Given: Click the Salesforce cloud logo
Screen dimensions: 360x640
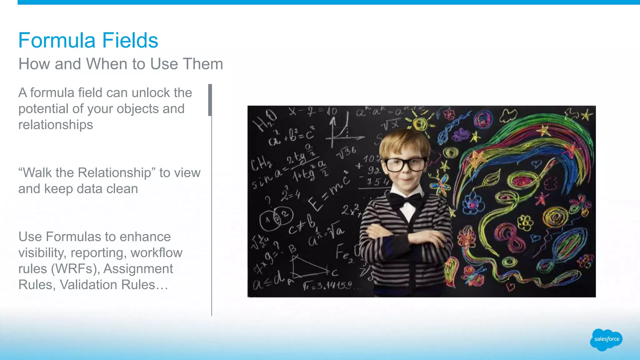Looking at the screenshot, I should (x=606, y=339).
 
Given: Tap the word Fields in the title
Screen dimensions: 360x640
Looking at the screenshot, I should (x=130, y=40).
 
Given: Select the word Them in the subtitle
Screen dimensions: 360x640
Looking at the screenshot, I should (x=203, y=64).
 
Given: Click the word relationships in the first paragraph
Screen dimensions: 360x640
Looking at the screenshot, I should (x=56, y=125).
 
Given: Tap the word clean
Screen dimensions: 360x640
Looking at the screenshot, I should (x=123, y=189).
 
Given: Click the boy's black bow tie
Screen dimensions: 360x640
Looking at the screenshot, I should (x=405, y=201).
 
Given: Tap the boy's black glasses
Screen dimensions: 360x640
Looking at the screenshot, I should (x=405, y=164).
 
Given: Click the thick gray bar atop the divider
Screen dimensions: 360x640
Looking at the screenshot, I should (x=210, y=100).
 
